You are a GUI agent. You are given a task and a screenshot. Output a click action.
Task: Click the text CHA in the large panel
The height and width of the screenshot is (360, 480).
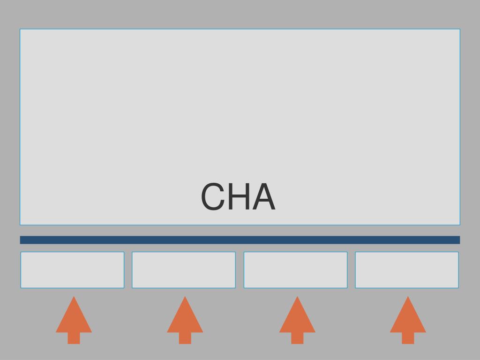tap(238, 197)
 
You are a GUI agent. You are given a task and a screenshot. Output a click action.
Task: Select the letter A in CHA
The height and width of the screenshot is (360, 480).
tap(264, 197)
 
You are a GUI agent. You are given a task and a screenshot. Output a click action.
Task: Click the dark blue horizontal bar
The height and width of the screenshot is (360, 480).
tap(240, 240)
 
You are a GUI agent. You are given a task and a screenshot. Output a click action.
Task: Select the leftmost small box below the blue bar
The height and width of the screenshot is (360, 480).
tap(72, 270)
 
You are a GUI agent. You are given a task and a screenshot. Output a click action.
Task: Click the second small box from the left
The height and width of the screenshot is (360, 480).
tap(184, 270)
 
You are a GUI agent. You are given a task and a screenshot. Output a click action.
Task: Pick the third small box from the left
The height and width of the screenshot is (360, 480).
tap(295, 270)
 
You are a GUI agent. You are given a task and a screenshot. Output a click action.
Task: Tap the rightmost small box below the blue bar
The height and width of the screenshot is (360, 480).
tap(407, 270)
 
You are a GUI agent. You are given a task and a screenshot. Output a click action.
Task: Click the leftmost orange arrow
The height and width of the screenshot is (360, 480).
tap(74, 319)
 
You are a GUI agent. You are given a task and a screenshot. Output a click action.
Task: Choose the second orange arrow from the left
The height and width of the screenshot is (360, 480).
tap(185, 319)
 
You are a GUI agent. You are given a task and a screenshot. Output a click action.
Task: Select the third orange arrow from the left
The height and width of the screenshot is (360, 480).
tap(297, 319)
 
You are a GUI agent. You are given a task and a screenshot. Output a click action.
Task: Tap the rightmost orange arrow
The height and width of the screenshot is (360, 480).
tap(408, 319)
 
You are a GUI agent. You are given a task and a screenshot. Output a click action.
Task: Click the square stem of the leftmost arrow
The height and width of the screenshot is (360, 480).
tap(74, 338)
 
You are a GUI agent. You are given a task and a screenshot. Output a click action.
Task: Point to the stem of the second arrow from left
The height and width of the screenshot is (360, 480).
tap(185, 338)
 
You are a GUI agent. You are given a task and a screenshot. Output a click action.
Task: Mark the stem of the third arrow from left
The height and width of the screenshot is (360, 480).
tap(297, 338)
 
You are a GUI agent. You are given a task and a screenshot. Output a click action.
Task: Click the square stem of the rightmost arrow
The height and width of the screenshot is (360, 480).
tap(408, 338)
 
